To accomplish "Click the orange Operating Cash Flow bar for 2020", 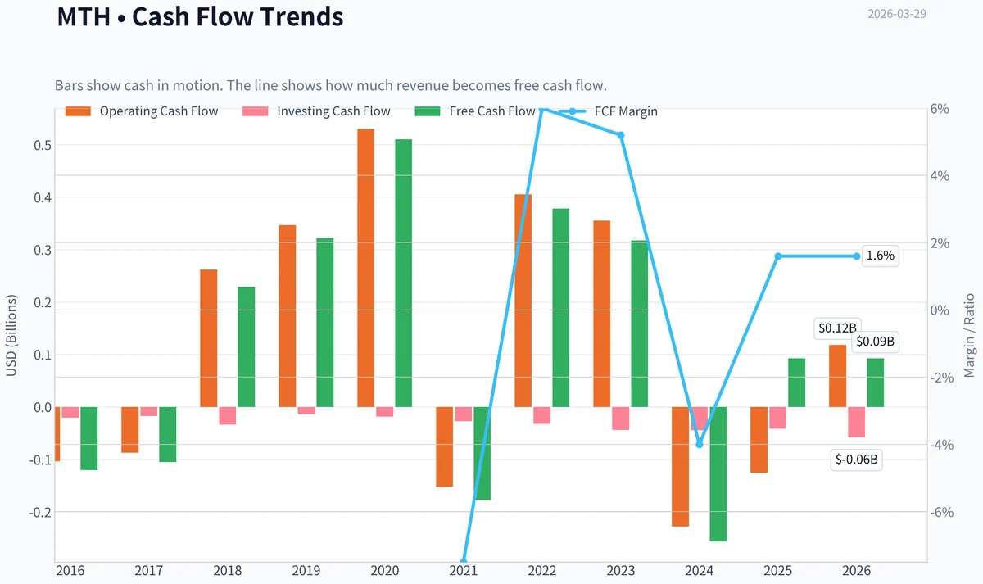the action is (365, 268).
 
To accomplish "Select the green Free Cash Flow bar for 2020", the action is (403, 273).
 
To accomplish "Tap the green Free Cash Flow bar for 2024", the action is (718, 474).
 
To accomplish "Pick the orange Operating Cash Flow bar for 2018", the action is (208, 338).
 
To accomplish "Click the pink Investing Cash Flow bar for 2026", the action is (856, 422).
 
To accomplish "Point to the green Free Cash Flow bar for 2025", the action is (796, 383).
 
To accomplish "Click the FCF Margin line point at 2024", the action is (700, 445).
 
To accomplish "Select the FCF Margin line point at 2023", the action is (621, 135).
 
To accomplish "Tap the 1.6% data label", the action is (881, 256).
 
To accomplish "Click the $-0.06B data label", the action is (856, 460).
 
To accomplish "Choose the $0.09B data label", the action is (875, 342).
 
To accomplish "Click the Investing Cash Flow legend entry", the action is (316, 111).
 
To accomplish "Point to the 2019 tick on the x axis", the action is (306, 570).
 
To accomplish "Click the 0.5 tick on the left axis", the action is (43, 145).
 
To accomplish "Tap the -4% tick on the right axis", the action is (942, 445).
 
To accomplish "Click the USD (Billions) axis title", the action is (11, 335).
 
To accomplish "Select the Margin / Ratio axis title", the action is (969, 336).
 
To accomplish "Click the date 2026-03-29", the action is (897, 14).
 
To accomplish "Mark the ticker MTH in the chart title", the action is (84, 16).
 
